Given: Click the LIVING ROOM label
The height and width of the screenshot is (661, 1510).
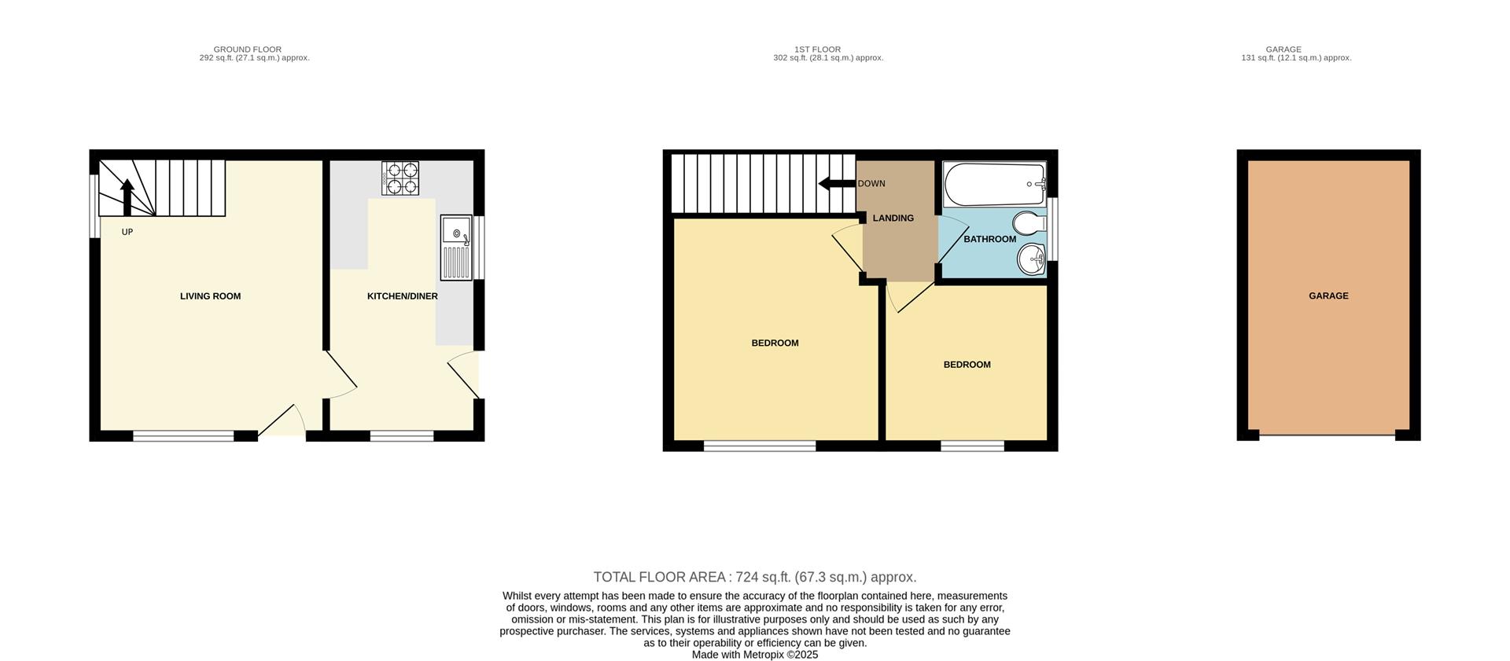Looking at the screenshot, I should tap(210, 296).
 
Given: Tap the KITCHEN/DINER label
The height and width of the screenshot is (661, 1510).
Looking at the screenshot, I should tap(402, 296).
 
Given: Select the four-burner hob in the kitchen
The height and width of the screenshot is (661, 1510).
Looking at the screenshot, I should tap(400, 178).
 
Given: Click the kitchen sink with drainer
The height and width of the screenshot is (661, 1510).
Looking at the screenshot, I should tap(456, 248).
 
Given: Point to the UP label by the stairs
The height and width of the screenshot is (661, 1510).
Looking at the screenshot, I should tap(127, 233).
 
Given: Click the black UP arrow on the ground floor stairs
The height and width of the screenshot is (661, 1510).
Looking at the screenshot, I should tap(127, 196).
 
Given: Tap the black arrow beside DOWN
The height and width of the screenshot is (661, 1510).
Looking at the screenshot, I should tap(836, 184).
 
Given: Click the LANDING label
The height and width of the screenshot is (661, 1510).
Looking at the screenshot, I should tap(893, 218).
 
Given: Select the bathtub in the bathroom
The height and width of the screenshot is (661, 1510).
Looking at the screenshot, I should tap(993, 184).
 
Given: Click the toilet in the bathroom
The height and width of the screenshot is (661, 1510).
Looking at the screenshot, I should tap(1028, 223).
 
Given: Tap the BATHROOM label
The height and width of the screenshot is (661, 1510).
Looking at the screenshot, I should tap(989, 239).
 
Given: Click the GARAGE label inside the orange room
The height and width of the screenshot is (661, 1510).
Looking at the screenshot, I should tap(1328, 296).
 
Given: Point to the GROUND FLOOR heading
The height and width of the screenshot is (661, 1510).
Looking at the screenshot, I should tap(248, 50).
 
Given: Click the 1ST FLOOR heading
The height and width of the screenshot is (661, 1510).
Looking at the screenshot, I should tap(818, 50).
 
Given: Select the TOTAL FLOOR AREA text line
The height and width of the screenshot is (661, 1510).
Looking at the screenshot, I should tap(755, 577).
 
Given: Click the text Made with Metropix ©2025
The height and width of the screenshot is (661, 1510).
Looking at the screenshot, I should tap(755, 655).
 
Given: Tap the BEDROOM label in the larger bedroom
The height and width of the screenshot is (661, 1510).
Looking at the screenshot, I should tap(775, 343).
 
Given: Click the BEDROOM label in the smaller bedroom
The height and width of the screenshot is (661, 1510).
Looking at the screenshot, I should tap(967, 365).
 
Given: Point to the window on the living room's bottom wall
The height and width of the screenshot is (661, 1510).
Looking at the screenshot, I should tap(183, 436).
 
